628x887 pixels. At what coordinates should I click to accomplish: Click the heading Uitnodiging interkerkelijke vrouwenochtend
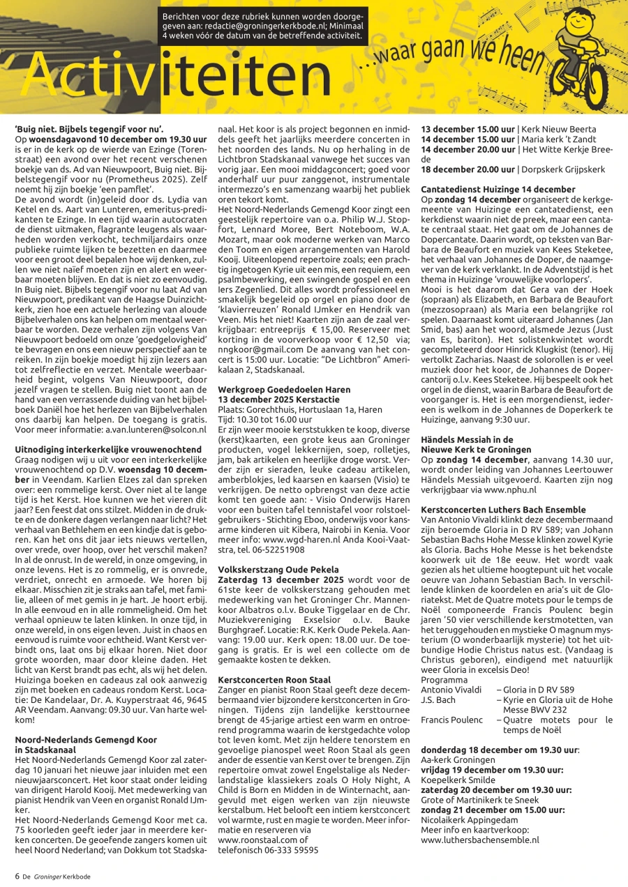click(105, 450)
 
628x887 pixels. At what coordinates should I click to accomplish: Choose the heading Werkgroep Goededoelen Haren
click(284, 390)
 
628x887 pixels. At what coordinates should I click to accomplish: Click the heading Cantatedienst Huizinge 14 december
click(498, 189)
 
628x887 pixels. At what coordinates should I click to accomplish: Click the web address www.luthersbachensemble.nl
click(480, 840)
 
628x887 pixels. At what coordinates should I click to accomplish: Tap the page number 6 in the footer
click(17, 876)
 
